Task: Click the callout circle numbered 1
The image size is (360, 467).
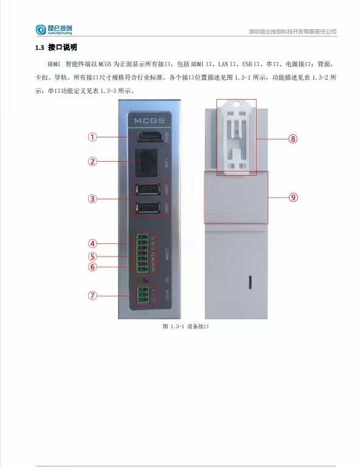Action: coord(92,137)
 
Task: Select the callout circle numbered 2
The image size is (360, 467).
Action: coord(92,162)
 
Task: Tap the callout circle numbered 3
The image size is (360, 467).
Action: coord(92,198)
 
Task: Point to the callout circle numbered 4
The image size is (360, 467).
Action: coord(92,244)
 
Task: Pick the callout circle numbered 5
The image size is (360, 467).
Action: coord(92,256)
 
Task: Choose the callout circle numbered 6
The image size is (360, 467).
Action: coord(92,266)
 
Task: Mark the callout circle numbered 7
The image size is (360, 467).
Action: coord(92,296)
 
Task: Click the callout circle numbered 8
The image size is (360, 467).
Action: coord(293,139)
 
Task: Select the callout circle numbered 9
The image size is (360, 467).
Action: coord(293,197)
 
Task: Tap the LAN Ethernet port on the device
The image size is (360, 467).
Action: coord(147,162)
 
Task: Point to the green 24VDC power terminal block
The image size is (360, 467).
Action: coord(144,296)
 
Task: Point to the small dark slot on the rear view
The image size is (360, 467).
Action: coord(250,282)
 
